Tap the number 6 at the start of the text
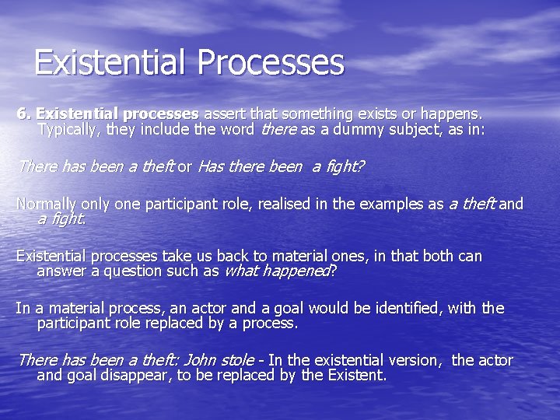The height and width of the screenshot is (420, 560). [x=22, y=114]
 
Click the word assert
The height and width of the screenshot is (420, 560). [x=224, y=114]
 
